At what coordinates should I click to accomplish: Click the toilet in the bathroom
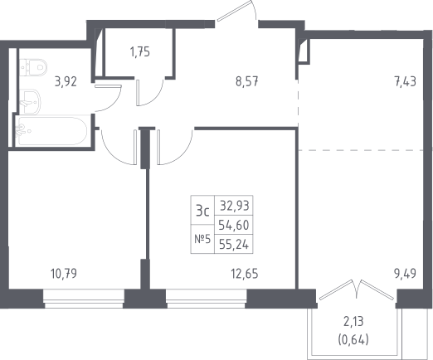[33, 67]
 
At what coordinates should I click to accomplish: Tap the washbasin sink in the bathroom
[30, 101]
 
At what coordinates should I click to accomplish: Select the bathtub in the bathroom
[51, 131]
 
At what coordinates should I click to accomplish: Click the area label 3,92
[66, 82]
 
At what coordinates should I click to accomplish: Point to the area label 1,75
[140, 52]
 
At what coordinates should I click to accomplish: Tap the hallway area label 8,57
[247, 82]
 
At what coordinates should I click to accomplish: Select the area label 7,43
[406, 82]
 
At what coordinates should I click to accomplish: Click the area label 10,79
[64, 274]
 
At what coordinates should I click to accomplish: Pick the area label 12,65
[245, 274]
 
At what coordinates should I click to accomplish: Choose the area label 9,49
[405, 274]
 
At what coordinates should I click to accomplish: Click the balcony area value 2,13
[353, 322]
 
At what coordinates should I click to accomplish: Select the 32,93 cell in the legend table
[234, 206]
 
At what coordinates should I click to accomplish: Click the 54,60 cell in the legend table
[234, 225]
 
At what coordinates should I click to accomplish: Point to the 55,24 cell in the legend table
[234, 244]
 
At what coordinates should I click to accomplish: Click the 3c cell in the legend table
[202, 211]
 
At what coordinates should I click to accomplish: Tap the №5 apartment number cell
[202, 239]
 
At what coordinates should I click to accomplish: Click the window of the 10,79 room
[84, 299]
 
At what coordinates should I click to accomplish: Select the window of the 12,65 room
[207, 299]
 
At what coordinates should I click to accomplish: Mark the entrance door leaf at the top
[235, 11]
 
